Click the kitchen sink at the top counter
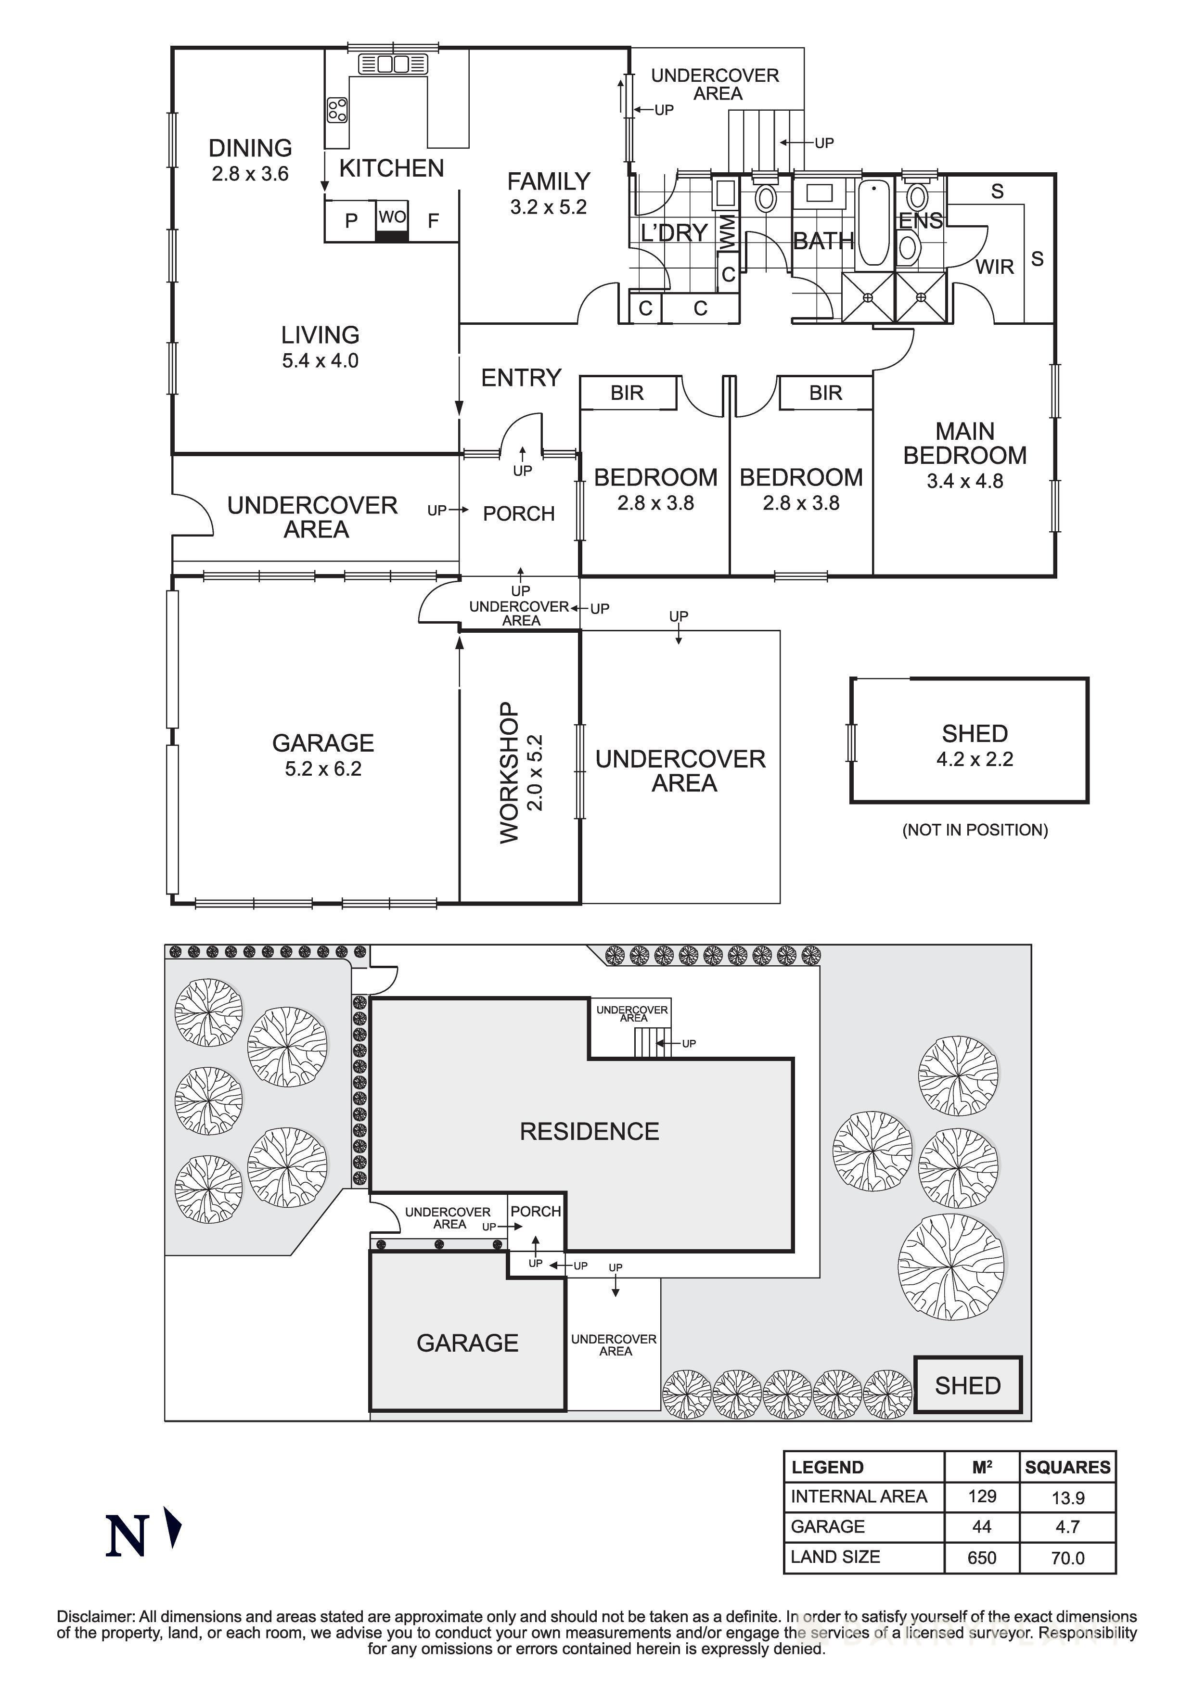click(393, 64)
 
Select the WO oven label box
click(392, 217)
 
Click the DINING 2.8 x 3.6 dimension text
click(250, 174)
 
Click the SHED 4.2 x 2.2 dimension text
click(974, 759)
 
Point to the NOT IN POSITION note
click(975, 830)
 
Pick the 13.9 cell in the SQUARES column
click(1067, 1497)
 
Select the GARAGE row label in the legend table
click(828, 1527)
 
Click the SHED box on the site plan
click(967, 1386)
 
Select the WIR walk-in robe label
click(995, 267)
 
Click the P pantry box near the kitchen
click(351, 220)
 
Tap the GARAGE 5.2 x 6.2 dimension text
click(323, 769)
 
